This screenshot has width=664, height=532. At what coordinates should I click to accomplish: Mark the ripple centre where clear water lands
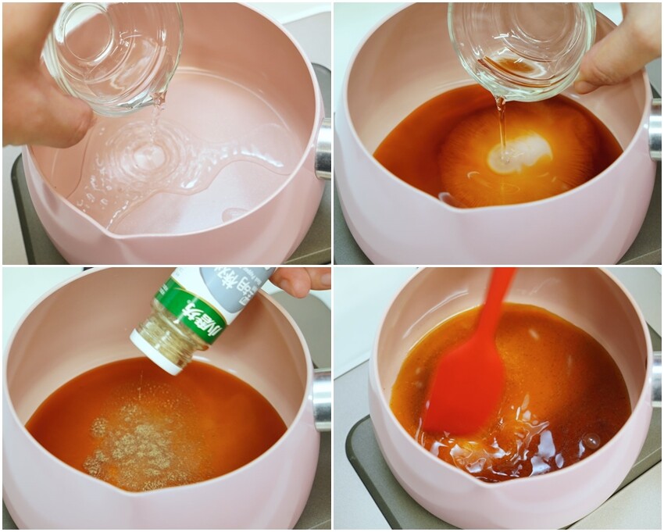coord(148,156)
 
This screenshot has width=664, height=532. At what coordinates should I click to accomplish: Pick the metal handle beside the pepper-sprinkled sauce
coord(321,398)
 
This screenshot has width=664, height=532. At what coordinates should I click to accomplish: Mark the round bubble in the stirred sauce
coord(591,441)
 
